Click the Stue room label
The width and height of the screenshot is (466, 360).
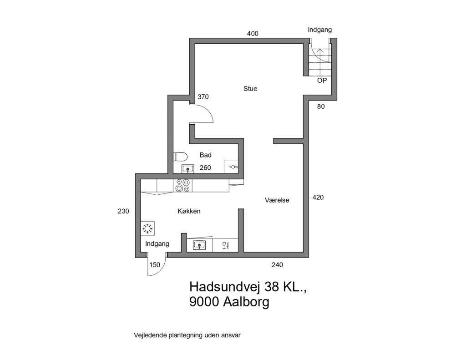[250, 89]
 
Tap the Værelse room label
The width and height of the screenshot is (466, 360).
[277, 200]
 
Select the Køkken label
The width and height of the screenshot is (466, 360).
[189, 211]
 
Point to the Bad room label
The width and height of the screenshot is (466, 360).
[205, 155]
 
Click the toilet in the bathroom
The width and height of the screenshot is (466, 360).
[180, 156]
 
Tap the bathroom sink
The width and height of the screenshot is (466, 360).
[187, 169]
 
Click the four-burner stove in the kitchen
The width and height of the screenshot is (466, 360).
[182, 185]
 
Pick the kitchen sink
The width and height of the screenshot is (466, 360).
[199, 245]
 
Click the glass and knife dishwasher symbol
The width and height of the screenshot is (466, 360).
[225, 246]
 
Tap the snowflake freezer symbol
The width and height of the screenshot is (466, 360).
[148, 228]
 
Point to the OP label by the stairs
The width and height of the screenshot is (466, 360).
[322, 81]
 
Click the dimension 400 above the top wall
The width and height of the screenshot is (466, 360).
[253, 34]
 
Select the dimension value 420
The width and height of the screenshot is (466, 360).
[318, 198]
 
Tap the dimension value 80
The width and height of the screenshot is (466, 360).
[321, 106]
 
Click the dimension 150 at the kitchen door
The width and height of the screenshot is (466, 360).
[155, 264]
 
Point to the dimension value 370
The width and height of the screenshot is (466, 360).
[203, 97]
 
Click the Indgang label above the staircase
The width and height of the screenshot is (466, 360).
[320, 30]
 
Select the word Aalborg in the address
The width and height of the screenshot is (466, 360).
[246, 302]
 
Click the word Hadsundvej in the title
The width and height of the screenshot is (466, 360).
[225, 287]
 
